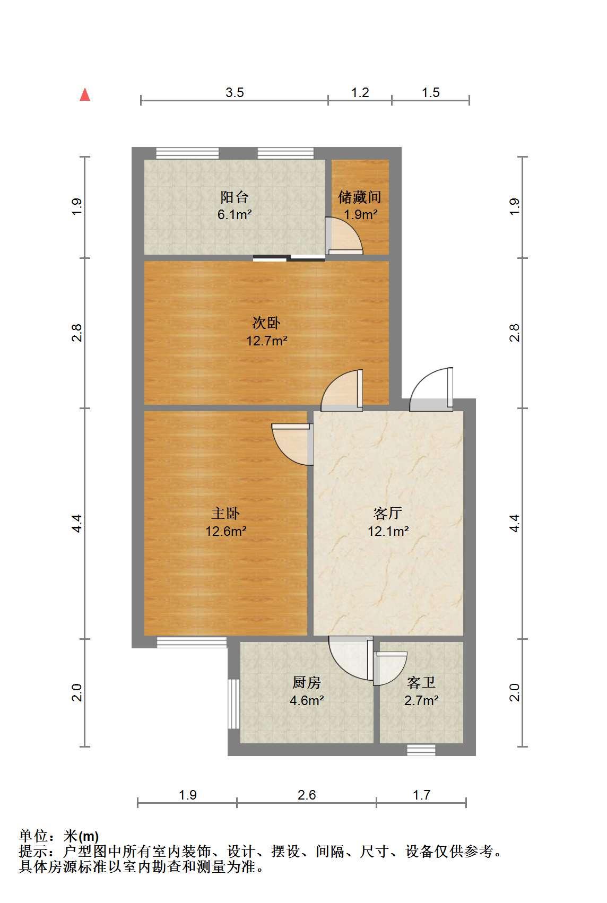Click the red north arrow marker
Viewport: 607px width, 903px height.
pyautogui.click(x=85, y=95)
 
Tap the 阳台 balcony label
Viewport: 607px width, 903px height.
pyautogui.click(x=234, y=197)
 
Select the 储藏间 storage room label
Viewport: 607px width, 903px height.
pyautogui.click(x=360, y=197)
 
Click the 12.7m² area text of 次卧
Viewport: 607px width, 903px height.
pyautogui.click(x=267, y=341)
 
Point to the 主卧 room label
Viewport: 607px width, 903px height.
pyautogui.click(x=226, y=514)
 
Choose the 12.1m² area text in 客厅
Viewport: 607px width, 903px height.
pyautogui.click(x=388, y=531)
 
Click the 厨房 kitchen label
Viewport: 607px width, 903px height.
pyautogui.click(x=307, y=682)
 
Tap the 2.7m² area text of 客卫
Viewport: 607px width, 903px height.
pyautogui.click(x=421, y=701)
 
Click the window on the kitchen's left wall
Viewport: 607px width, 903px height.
pyautogui.click(x=234, y=704)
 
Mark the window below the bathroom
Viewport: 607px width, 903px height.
pyautogui.click(x=421, y=750)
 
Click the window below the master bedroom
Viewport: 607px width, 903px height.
pyautogui.click(x=192, y=642)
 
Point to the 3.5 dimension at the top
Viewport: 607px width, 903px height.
pyautogui.click(x=235, y=93)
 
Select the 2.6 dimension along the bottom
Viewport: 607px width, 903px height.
pyautogui.click(x=307, y=795)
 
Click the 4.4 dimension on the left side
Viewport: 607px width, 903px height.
pyautogui.click(x=77, y=523)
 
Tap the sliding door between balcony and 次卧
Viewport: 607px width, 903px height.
pyautogui.click(x=289, y=258)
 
